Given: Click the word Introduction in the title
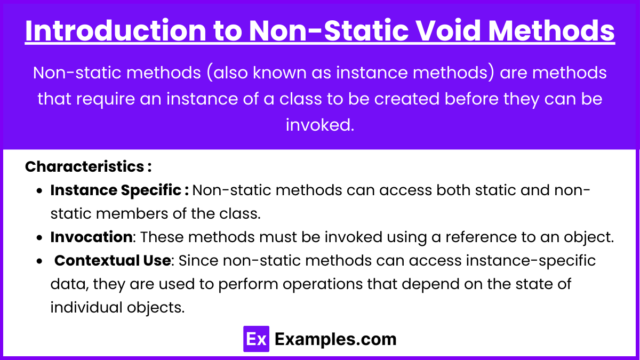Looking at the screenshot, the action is (115, 30).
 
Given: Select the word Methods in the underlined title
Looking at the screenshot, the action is (551, 30).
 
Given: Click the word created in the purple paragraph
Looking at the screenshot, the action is (406, 99).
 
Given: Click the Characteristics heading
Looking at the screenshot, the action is (88, 166).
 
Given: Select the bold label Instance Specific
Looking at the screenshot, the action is (119, 190).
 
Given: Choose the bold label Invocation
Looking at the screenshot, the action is (91, 237).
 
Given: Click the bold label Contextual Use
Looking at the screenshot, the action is (113, 260).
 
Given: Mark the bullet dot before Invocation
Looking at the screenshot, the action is (39, 238).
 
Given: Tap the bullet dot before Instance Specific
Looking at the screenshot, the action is (39, 191).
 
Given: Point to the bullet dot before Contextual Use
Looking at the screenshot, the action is (39, 261).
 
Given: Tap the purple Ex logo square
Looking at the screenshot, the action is (256, 339).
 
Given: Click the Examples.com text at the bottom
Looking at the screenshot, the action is (335, 339).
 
